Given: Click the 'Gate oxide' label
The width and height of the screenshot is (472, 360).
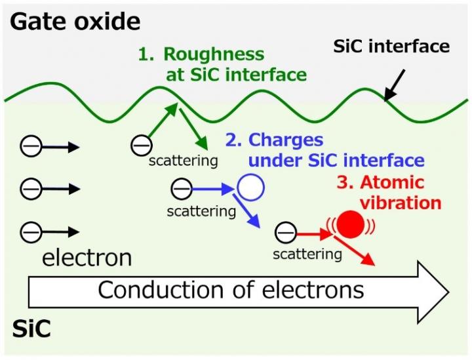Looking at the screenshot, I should coord(76,22).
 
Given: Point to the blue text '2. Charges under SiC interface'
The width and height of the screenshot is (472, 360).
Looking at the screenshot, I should coord(324,150).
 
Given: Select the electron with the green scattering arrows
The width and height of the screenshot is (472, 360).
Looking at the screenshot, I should coord(140,145).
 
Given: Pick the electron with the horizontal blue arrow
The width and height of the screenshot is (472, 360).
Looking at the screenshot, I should coord(180,190).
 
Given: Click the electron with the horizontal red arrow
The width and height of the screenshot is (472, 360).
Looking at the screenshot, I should coord(285,232).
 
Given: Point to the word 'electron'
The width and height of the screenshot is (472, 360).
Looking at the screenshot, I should coord(87,258).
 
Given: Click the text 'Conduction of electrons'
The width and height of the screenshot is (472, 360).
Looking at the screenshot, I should coord(231,289).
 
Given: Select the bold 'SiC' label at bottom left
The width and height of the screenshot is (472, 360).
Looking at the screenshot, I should coord(31,329).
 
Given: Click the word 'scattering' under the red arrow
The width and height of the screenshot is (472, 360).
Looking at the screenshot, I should coord(307,253).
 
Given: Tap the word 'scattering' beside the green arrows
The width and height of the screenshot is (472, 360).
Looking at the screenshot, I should coord(183,160).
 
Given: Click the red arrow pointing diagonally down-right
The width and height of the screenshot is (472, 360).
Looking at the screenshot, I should coord(359,252).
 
